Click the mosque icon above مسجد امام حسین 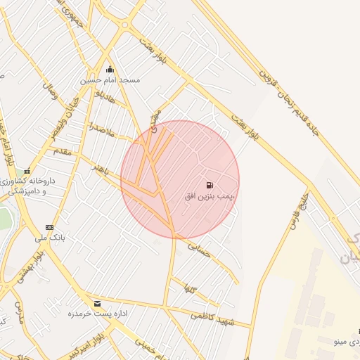tap(110, 70)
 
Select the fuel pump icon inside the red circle tap(210, 185)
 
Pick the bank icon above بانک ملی tap(49, 227)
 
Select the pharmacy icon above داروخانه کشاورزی tap(27, 172)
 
